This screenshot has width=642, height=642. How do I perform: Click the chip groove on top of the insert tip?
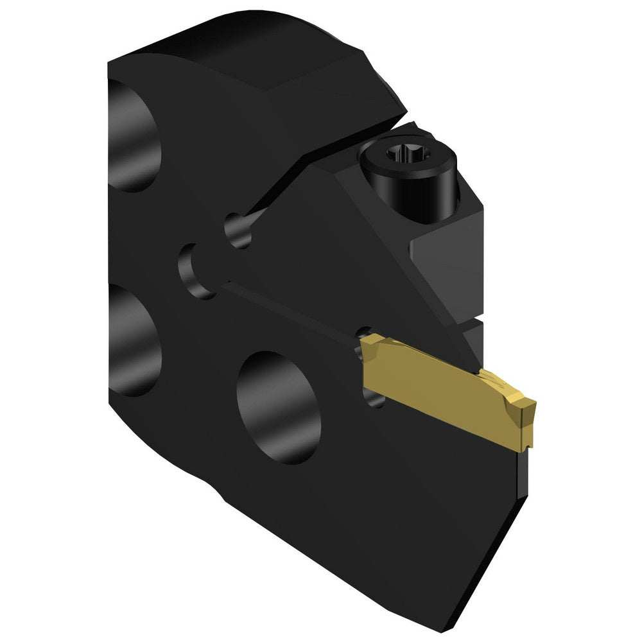pyautogui.click(x=504, y=388)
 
